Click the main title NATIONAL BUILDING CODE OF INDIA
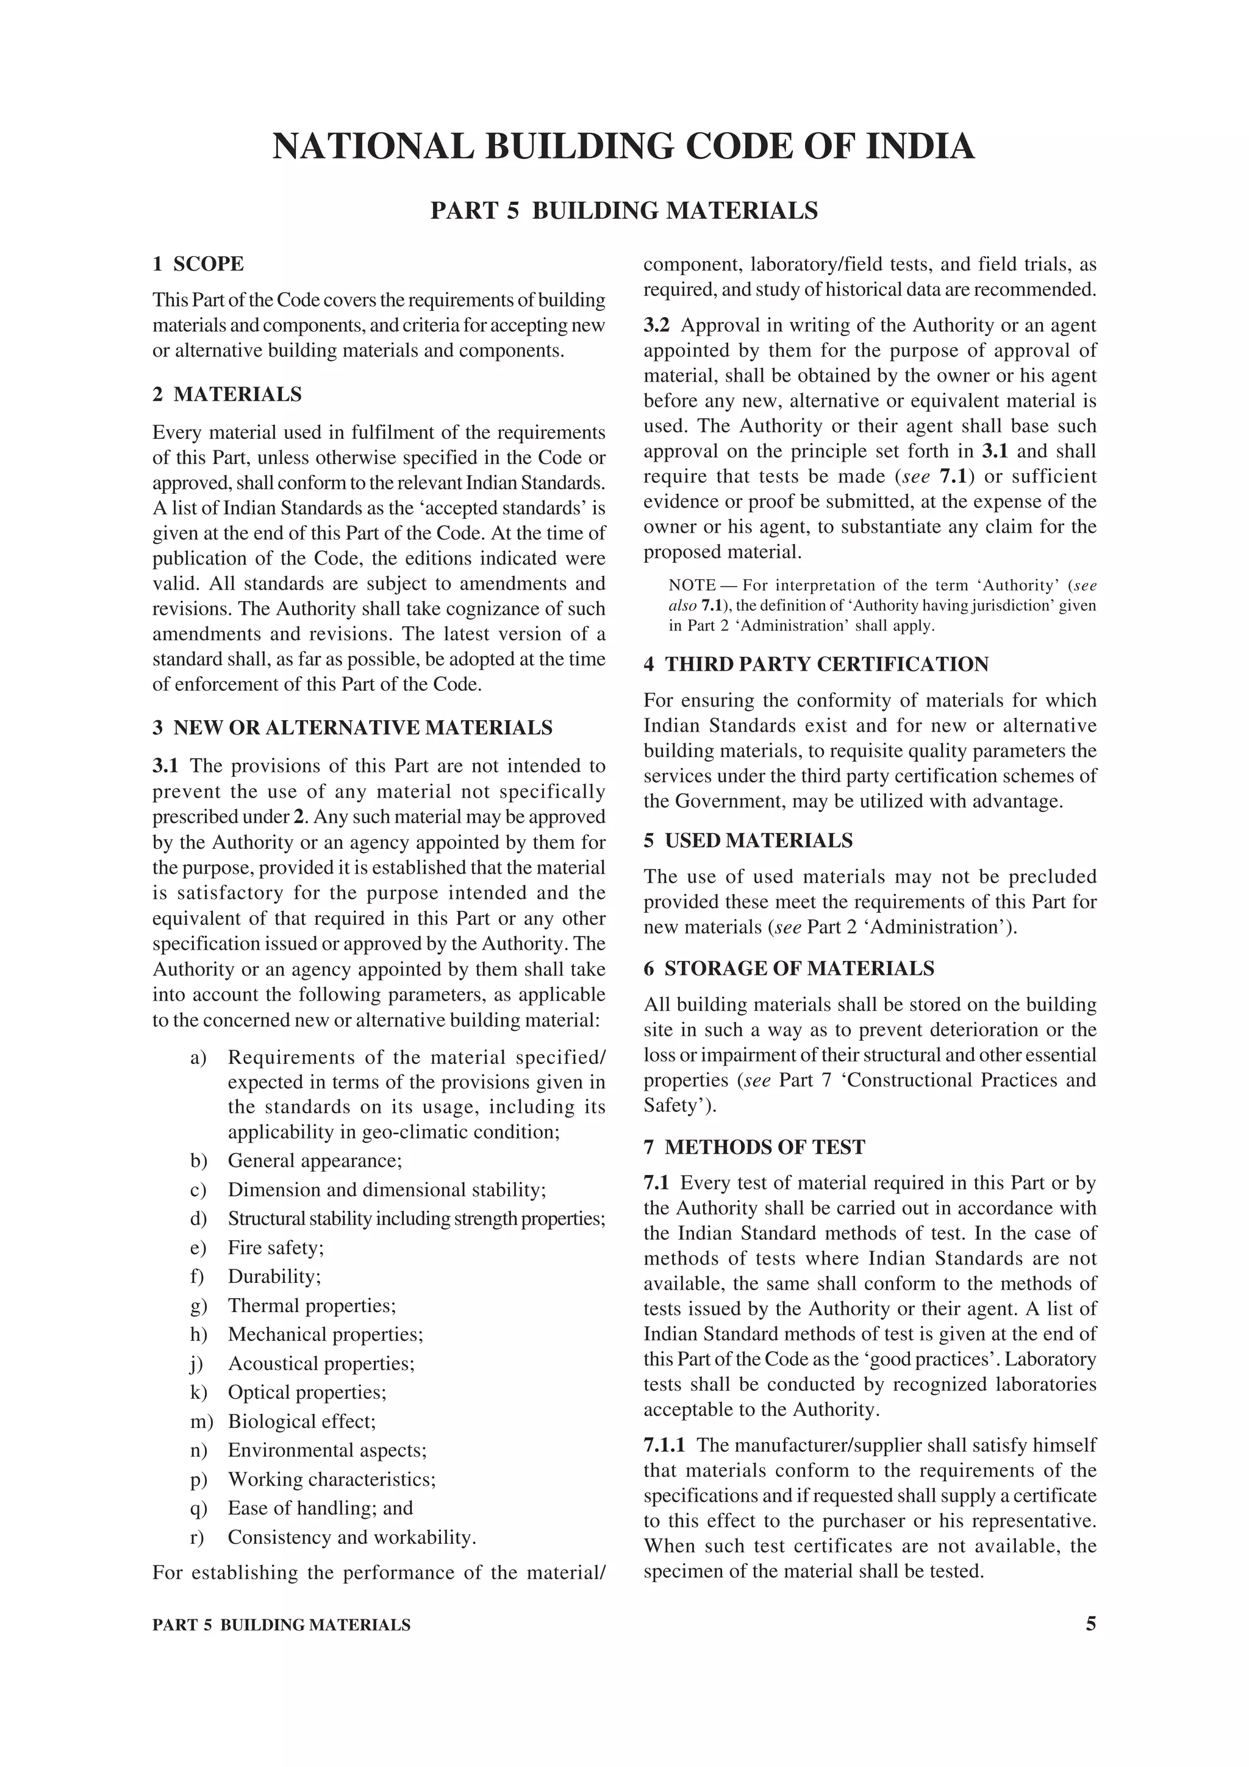coord(623,146)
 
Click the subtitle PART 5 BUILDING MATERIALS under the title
coord(623,210)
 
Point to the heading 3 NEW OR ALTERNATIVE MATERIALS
coord(353,727)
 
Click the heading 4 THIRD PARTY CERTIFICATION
coord(816,664)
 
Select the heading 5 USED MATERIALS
coord(748,840)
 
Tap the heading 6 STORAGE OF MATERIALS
coord(789,968)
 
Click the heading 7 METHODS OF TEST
coord(754,1148)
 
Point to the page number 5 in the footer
coord(1090,1624)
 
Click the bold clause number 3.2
coord(656,325)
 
